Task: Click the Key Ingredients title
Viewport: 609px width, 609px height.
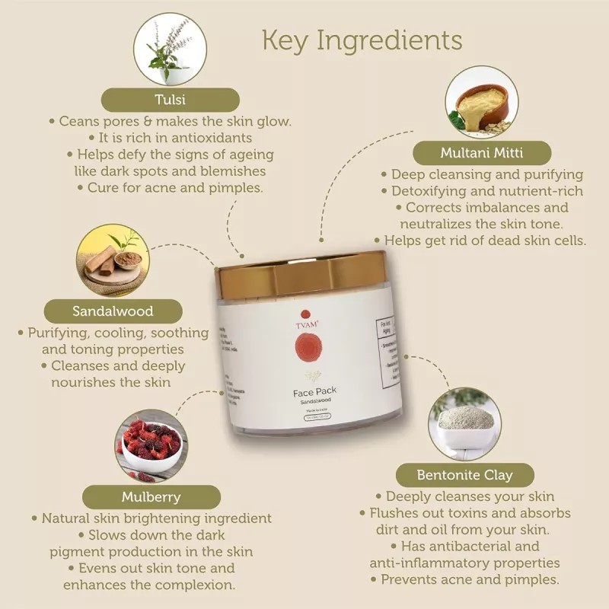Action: (362, 40)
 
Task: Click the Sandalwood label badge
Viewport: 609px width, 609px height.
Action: (113, 311)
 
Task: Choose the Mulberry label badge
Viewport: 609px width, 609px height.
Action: (151, 497)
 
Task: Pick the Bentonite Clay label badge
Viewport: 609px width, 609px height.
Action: (464, 475)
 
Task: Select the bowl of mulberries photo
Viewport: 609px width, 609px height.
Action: (151, 445)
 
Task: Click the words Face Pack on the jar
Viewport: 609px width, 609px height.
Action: (314, 391)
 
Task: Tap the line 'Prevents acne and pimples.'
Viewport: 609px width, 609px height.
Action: (464, 579)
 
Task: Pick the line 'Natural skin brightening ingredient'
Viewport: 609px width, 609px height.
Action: (151, 518)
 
